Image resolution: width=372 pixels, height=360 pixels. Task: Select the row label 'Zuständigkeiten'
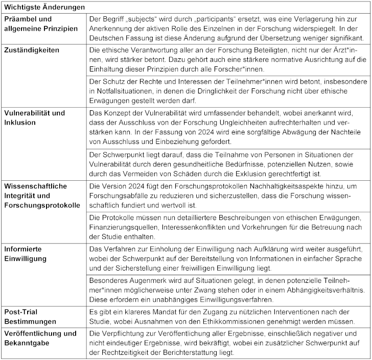pos(32,50)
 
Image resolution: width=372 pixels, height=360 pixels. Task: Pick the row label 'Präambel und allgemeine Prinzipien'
pos(41,23)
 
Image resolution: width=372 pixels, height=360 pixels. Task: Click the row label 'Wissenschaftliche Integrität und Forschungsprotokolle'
pos(42,196)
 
